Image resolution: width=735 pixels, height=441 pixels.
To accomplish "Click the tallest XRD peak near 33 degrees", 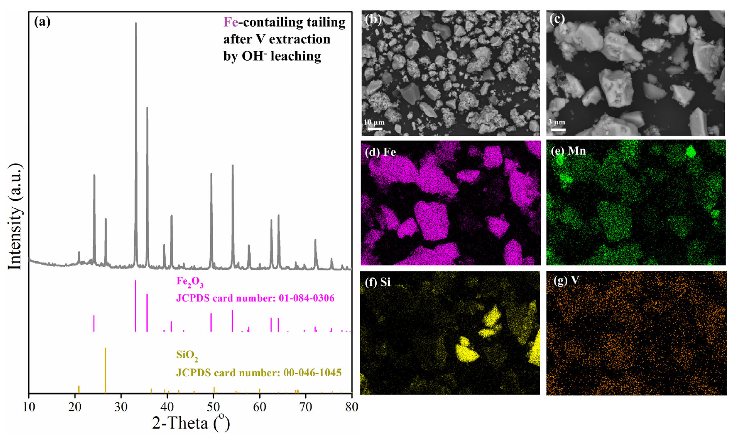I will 136,24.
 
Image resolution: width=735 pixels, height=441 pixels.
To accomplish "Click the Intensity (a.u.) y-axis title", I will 15,216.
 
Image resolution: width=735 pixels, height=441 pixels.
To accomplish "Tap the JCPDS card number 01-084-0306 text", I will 255,298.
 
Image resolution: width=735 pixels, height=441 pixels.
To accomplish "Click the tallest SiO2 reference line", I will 105,370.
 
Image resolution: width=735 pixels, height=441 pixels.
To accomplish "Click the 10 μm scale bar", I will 375,129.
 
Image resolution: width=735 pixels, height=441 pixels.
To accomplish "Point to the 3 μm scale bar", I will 558,129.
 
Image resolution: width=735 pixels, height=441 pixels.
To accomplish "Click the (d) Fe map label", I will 380,152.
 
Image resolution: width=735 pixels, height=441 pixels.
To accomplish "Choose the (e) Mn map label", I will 568,151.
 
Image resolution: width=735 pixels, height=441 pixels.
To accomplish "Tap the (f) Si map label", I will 378,282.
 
